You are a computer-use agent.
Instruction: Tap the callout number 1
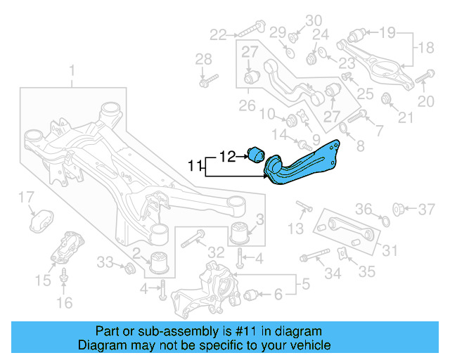[x=71, y=70]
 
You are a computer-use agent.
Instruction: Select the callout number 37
[x=427, y=209]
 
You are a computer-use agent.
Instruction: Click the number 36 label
[x=363, y=209]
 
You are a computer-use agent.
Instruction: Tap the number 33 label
[x=105, y=262]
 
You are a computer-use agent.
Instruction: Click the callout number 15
[x=64, y=303]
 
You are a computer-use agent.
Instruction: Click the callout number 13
[x=296, y=228]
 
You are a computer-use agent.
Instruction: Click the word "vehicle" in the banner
[x=311, y=345]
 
